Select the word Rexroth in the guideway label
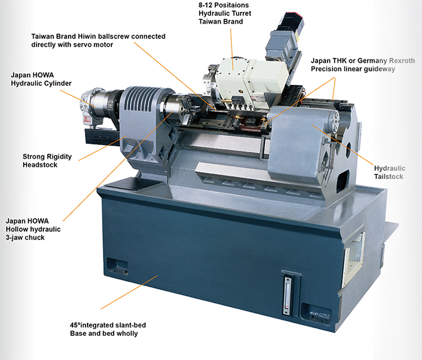pyautogui.click(x=402, y=61)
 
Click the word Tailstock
pyautogui.click(x=389, y=177)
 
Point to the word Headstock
pyautogui.click(x=40, y=165)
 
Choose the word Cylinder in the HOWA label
pyautogui.click(x=57, y=83)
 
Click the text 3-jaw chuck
pyautogui.click(x=25, y=237)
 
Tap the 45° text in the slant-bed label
pyautogui.click(x=75, y=325)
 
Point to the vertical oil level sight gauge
pyautogui.click(x=288, y=295)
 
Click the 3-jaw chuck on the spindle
pyautogui.click(x=178, y=110)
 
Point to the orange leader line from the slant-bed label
pyautogui.click(x=129, y=292)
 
